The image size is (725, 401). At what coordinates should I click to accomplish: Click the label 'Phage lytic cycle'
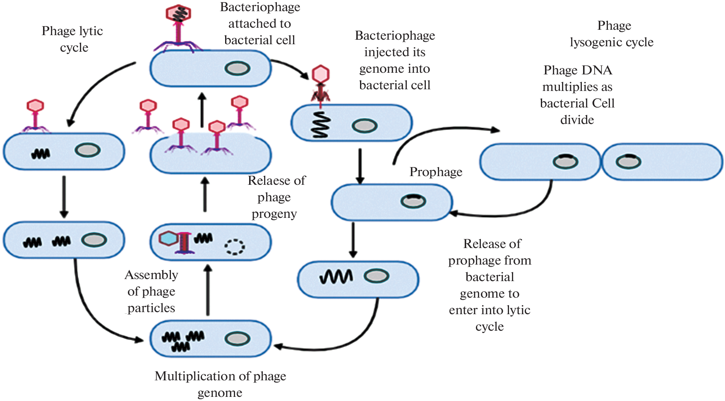click(x=72, y=39)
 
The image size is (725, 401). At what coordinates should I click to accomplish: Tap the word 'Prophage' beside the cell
click(x=436, y=172)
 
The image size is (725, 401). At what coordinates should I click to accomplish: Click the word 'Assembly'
click(x=151, y=275)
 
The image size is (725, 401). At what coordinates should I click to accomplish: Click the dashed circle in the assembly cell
click(x=235, y=247)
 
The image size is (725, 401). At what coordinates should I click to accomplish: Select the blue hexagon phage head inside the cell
click(x=168, y=239)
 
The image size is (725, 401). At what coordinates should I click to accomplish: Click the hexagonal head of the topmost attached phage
click(x=178, y=13)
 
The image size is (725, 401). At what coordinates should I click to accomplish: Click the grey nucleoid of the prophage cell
click(x=413, y=202)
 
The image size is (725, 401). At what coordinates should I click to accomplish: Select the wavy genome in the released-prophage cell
click(x=336, y=277)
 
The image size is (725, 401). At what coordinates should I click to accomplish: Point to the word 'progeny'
click(x=274, y=214)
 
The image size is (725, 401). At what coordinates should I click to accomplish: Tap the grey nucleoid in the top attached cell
click(x=238, y=68)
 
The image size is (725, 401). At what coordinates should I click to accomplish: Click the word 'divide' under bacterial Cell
click(x=577, y=120)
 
